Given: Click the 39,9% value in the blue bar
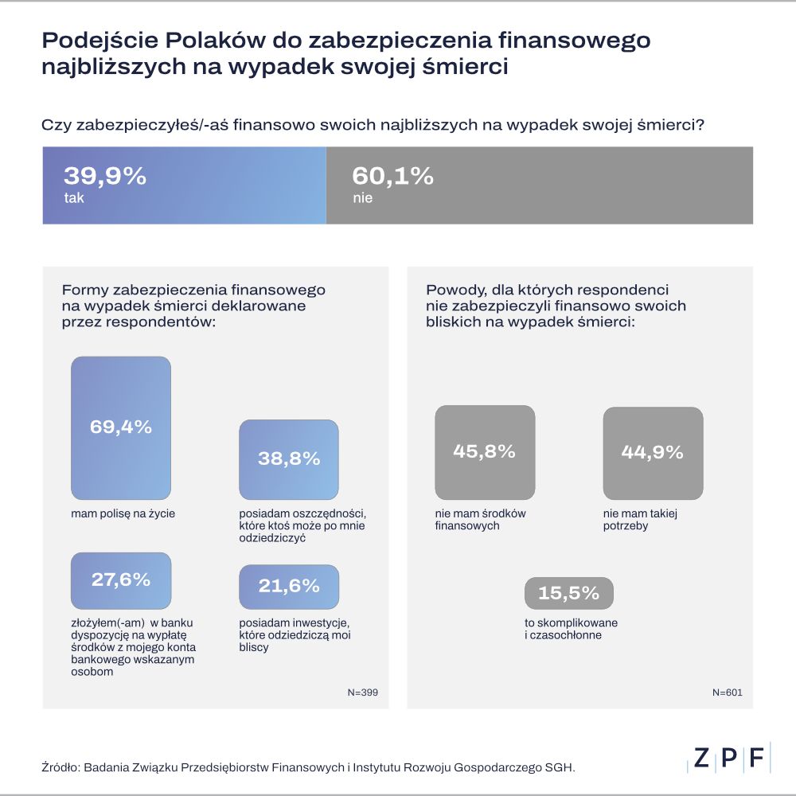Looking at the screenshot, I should click(x=104, y=176).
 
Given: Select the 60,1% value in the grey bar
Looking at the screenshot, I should click(x=392, y=176).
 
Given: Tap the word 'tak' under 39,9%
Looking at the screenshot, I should click(x=74, y=198).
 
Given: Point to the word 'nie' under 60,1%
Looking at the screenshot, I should click(x=362, y=198).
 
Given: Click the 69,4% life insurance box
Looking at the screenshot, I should click(x=121, y=427).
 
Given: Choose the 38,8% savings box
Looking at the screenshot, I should click(x=289, y=458).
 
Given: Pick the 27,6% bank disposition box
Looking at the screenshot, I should click(x=121, y=580).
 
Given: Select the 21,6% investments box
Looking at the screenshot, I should click(x=289, y=587).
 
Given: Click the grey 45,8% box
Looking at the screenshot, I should click(x=485, y=451).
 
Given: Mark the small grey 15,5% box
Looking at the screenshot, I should click(x=568, y=593).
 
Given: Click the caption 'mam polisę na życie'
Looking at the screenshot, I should click(x=123, y=513).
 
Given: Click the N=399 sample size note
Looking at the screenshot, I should click(x=362, y=693).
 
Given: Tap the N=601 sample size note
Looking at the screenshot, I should click(x=727, y=693).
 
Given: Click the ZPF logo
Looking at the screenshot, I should click(x=729, y=759).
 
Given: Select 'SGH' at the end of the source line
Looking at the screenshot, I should click(x=558, y=768).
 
